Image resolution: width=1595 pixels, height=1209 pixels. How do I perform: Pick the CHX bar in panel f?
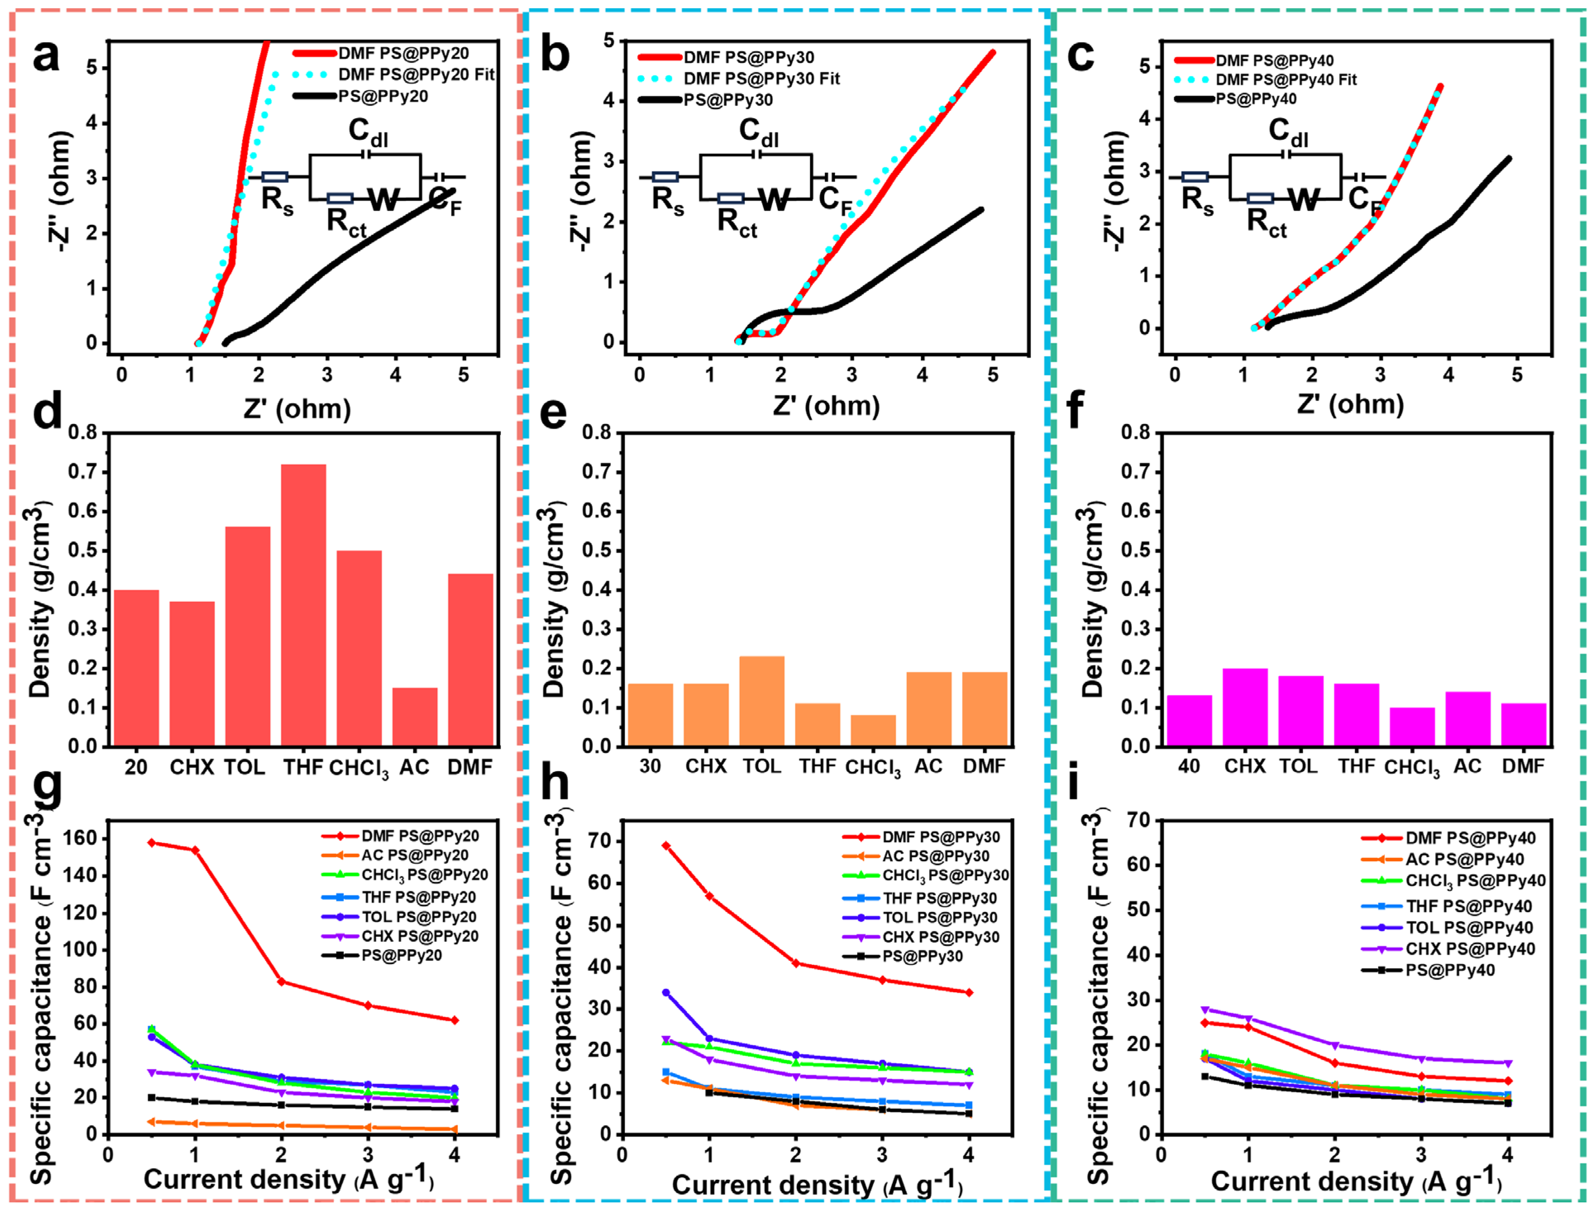1245,707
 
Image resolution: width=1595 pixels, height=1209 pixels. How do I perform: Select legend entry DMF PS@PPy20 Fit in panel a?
416,74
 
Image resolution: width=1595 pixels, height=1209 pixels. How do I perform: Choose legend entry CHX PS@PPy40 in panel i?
1469,949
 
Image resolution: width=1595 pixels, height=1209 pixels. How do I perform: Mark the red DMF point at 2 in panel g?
281,981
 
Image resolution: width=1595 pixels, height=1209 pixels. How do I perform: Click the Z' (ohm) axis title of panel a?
297,409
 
